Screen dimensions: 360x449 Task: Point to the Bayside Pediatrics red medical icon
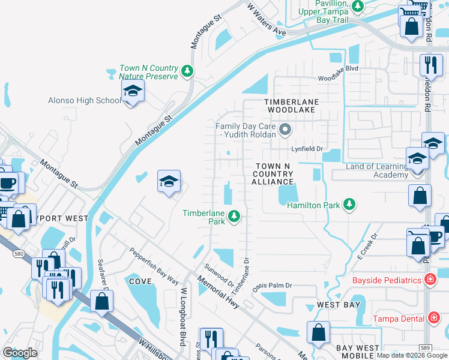[430, 280]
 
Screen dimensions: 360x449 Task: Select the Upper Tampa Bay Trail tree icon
[358, 7]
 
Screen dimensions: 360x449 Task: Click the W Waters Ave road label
[267, 19]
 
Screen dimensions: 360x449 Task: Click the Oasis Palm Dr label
[272, 286]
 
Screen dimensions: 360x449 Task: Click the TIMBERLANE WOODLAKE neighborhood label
[291, 106]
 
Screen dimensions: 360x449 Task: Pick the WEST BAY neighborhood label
[339, 305]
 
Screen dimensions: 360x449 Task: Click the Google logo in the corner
[20, 352]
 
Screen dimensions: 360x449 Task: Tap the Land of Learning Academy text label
[376, 170]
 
